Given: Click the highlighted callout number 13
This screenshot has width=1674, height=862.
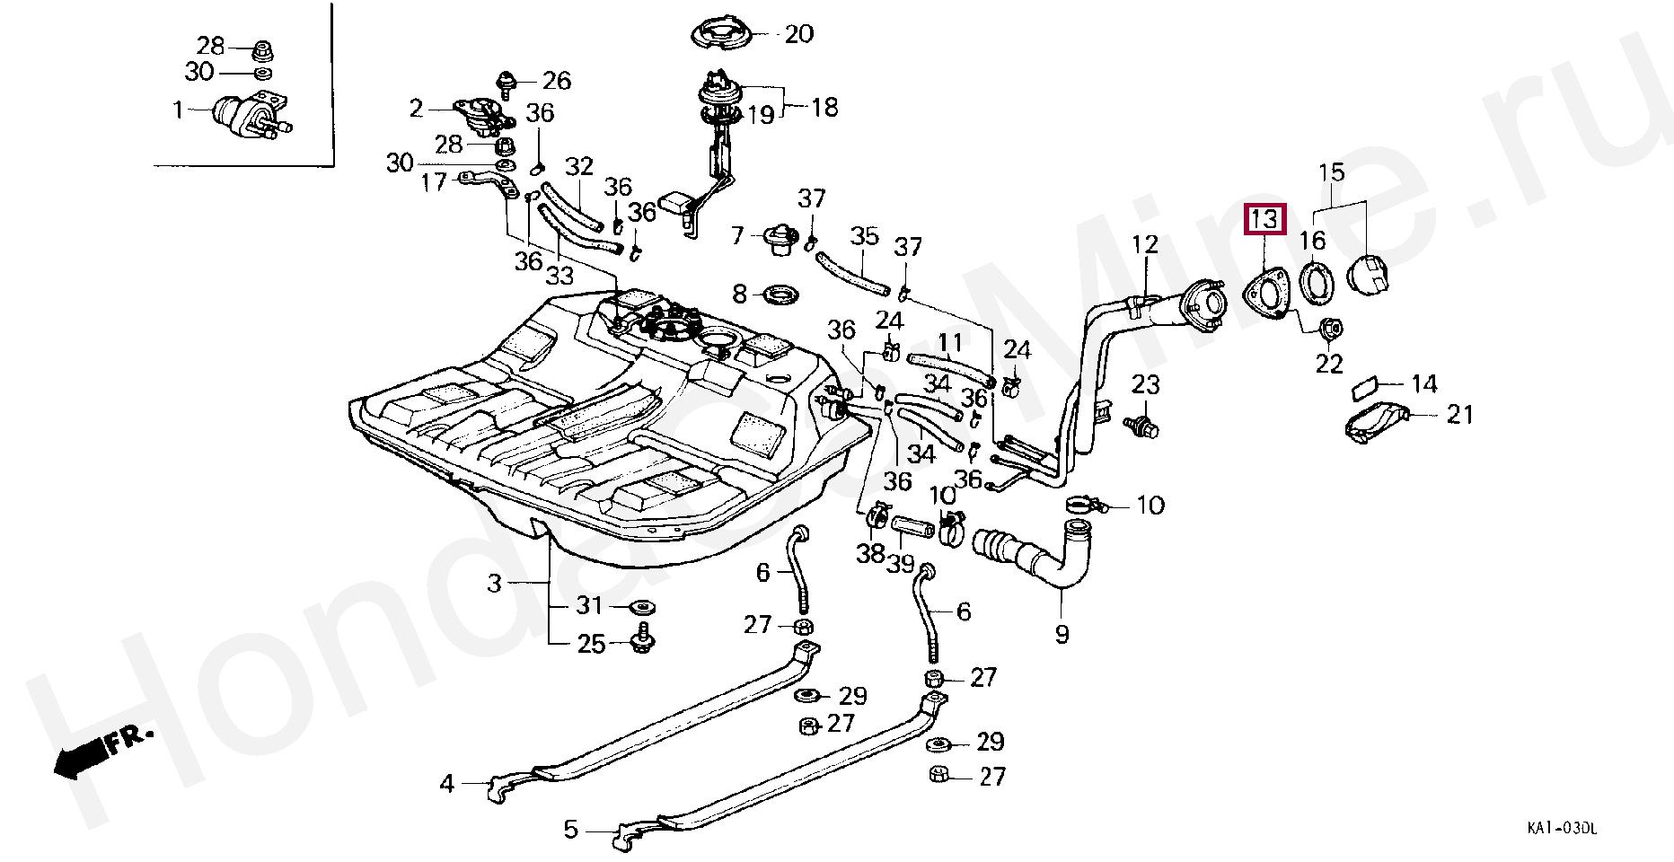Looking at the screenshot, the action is coord(1264,219).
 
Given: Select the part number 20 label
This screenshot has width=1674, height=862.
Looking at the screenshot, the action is coord(798,34).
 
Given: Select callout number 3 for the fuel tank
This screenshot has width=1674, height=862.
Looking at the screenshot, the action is coord(494,584).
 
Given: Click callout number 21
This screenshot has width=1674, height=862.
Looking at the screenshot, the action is coord(1460,414).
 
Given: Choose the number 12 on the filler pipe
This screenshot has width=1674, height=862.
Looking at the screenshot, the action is coord(1145,244).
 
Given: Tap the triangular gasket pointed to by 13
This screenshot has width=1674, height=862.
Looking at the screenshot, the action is coord(1266,295).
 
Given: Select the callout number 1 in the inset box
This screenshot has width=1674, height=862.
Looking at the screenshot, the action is coord(178,110).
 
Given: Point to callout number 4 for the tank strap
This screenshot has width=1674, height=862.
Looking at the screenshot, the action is coord(446,784).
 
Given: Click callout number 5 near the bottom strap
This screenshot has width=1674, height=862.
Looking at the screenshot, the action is coord(570,829).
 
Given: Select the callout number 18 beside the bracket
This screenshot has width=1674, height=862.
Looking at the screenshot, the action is coord(824,107).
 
